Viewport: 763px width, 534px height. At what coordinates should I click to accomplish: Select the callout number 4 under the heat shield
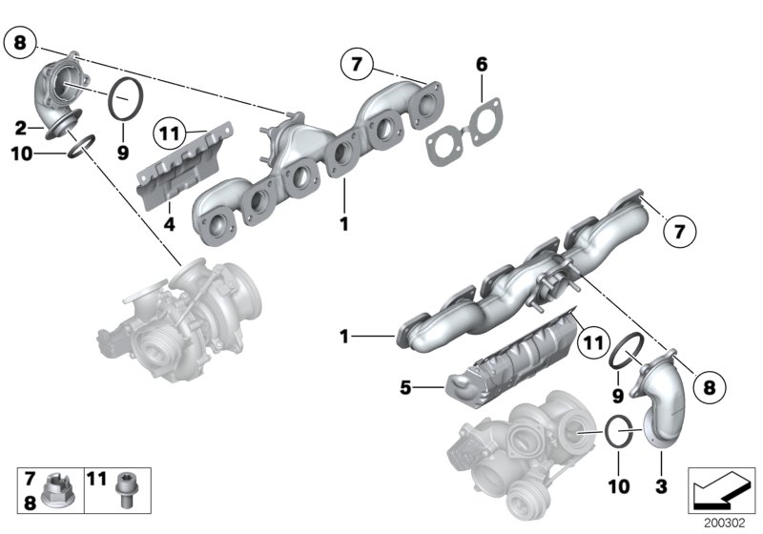[168, 226]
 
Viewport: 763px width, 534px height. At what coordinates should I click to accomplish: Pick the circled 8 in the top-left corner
[22, 42]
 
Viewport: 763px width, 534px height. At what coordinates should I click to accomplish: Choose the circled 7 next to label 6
[356, 65]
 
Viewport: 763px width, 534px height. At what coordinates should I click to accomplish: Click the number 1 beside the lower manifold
[345, 337]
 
